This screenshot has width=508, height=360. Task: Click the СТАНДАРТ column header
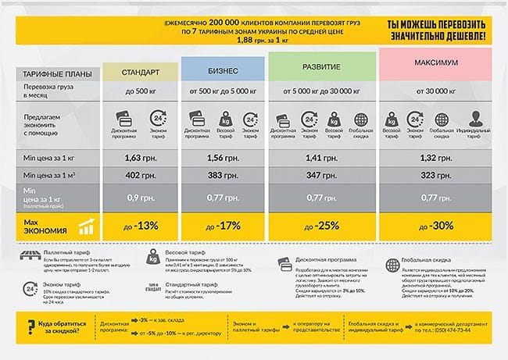[141, 73]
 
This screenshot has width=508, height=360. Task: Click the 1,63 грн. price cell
[141, 158]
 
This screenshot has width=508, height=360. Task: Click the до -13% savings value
[141, 226]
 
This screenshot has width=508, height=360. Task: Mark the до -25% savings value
[322, 226]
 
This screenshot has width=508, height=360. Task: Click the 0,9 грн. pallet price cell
[141, 198]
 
